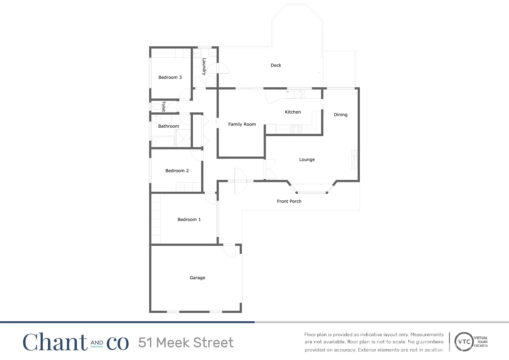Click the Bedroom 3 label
(x=170, y=77)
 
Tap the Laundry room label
(x=204, y=66)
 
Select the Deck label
(x=276, y=65)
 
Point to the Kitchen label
(x=293, y=112)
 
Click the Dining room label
(x=340, y=115)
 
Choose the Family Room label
(x=242, y=124)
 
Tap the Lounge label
(x=307, y=160)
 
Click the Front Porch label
(x=289, y=201)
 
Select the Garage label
(x=197, y=278)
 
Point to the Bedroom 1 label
(x=189, y=220)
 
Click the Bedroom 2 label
(x=177, y=171)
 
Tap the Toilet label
(x=163, y=106)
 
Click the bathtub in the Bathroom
(x=163, y=141)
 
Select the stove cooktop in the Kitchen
(x=296, y=129)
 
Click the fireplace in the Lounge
(x=354, y=160)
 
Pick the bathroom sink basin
(x=156, y=119)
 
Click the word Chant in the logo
(x=55, y=342)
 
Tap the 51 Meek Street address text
(x=186, y=343)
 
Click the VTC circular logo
(x=464, y=342)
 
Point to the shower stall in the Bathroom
(x=183, y=138)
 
